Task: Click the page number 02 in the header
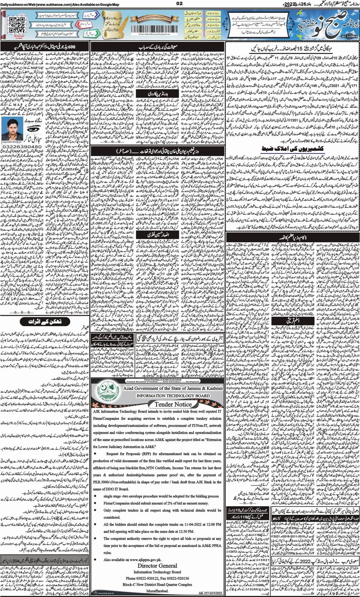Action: pyautogui.click(x=180, y=4)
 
